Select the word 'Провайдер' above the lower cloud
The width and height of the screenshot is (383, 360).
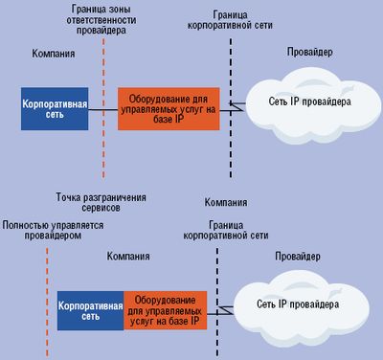[299, 257]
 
